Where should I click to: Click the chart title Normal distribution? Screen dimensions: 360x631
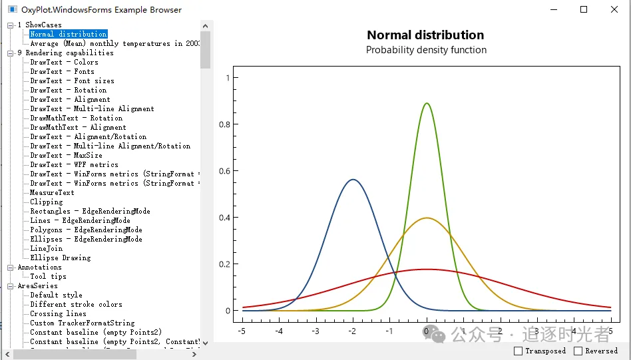(425, 35)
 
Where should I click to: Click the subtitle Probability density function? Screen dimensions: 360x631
(426, 50)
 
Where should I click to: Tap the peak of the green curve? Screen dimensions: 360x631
(427, 103)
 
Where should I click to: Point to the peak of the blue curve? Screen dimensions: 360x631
(353, 179)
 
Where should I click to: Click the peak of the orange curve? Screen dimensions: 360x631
(427, 218)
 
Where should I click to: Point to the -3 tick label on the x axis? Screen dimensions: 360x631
(315, 331)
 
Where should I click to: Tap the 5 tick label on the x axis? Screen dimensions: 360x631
(610, 331)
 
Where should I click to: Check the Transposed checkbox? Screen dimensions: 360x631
(519, 351)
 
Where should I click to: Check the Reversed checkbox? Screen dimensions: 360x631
(578, 351)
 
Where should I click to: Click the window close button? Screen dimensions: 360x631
(614, 9)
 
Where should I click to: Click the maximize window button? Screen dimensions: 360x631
(584, 9)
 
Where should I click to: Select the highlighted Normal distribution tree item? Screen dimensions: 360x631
(68, 34)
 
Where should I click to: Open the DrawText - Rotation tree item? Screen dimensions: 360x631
(68, 90)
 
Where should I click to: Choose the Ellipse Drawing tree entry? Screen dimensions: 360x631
(60, 258)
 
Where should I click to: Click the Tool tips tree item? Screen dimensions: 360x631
(48, 276)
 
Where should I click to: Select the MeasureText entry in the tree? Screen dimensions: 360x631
(52, 192)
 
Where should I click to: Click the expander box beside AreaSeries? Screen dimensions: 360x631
(11, 285)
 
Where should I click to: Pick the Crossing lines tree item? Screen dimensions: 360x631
(58, 313)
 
